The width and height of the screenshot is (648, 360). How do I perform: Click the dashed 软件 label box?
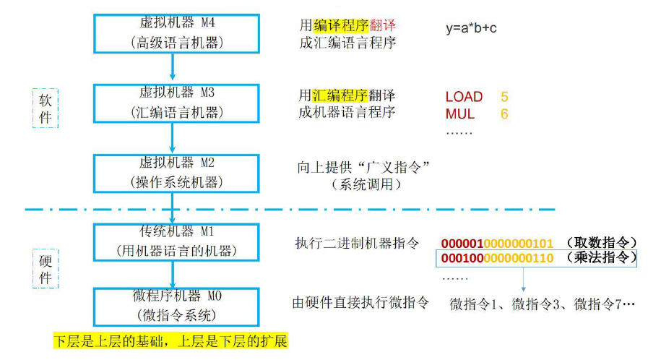[45, 108]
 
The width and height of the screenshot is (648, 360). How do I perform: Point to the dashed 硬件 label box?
[45, 266]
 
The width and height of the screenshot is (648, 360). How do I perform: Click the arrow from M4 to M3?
[172, 67]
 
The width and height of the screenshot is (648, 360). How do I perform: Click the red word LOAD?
[464, 97]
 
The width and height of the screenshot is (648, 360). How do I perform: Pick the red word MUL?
[459, 114]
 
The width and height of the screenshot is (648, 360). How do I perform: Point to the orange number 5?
[504, 97]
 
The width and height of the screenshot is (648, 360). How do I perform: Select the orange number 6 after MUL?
[504, 114]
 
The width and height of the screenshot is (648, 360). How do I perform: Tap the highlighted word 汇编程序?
[340, 95]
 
